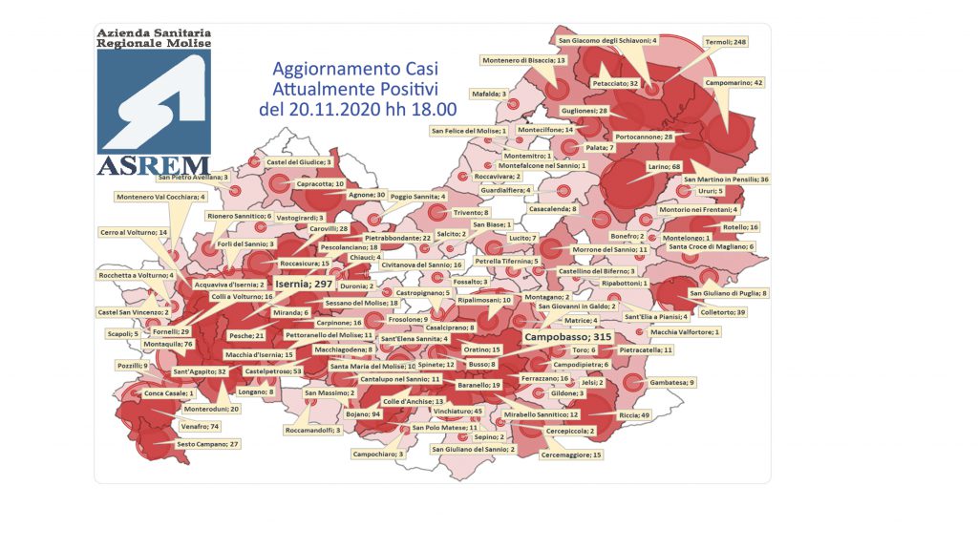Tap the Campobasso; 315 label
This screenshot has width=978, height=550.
[x=566, y=337]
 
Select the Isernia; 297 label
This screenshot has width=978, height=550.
[x=303, y=284]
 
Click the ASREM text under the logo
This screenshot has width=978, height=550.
[x=154, y=165]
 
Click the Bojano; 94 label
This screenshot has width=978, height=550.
[x=363, y=414]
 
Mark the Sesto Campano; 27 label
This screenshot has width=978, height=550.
[x=208, y=444]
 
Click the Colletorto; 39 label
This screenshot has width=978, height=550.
[x=723, y=311]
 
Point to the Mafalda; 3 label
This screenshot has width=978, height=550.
[x=489, y=94]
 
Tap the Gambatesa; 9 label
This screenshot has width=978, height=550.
[x=672, y=382]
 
